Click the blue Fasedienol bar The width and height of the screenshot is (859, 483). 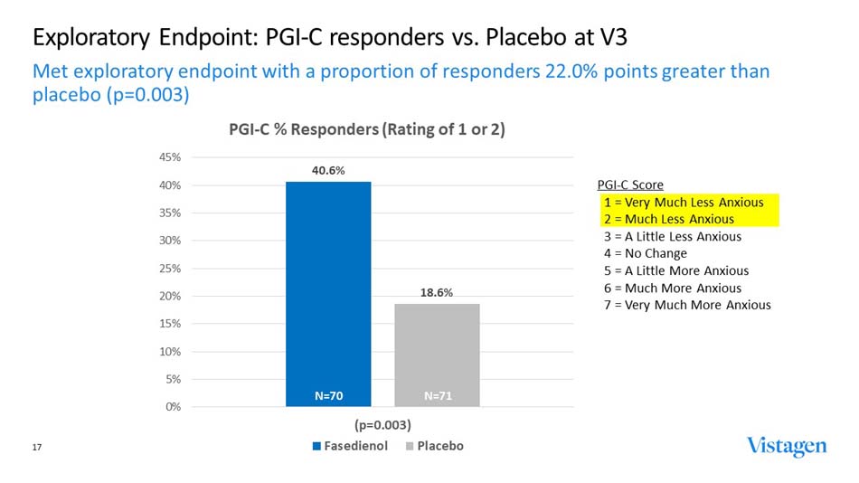point(328,289)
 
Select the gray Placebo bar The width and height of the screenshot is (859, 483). point(437,353)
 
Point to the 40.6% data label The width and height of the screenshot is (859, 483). point(328,170)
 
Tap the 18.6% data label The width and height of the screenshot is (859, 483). point(437,292)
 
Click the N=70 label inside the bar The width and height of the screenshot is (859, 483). point(328,395)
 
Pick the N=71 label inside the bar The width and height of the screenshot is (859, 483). point(439,395)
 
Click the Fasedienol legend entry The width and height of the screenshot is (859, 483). point(353,446)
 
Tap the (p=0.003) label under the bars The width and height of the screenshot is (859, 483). point(382,424)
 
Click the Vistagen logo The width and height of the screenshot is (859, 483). point(786,446)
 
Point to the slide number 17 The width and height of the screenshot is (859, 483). point(37,446)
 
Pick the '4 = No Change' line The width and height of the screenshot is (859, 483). point(646,253)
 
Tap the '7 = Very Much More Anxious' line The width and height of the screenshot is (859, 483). point(687,305)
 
